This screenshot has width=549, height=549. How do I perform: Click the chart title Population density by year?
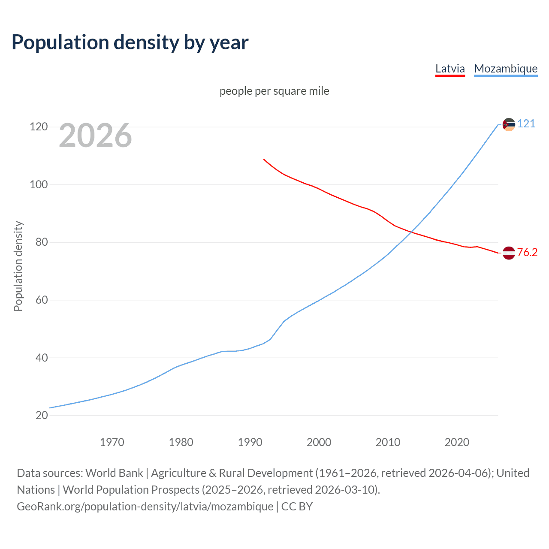(x=130, y=42)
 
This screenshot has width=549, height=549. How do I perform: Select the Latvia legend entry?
(x=450, y=69)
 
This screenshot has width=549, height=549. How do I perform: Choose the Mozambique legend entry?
(x=506, y=69)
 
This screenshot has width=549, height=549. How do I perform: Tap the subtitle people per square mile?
(x=274, y=91)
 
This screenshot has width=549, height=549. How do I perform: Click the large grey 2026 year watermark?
(x=95, y=136)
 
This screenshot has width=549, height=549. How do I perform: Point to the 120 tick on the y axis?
(x=39, y=127)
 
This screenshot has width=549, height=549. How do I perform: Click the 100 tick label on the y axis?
(x=39, y=185)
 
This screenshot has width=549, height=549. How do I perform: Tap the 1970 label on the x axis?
(x=112, y=442)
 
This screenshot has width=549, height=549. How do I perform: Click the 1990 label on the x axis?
(x=250, y=442)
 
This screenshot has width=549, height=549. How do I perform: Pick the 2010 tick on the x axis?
(x=388, y=442)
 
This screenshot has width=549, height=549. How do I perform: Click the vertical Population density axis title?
(x=18, y=266)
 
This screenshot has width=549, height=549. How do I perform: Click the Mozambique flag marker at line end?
(x=509, y=125)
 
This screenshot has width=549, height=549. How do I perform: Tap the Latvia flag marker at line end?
(x=509, y=253)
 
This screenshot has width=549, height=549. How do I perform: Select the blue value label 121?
(x=526, y=124)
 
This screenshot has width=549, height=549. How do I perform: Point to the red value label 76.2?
(x=527, y=252)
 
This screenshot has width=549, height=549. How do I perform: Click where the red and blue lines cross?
(x=411, y=232)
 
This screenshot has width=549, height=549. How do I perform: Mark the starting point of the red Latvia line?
(x=264, y=159)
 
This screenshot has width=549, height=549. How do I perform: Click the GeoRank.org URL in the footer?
(x=145, y=507)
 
